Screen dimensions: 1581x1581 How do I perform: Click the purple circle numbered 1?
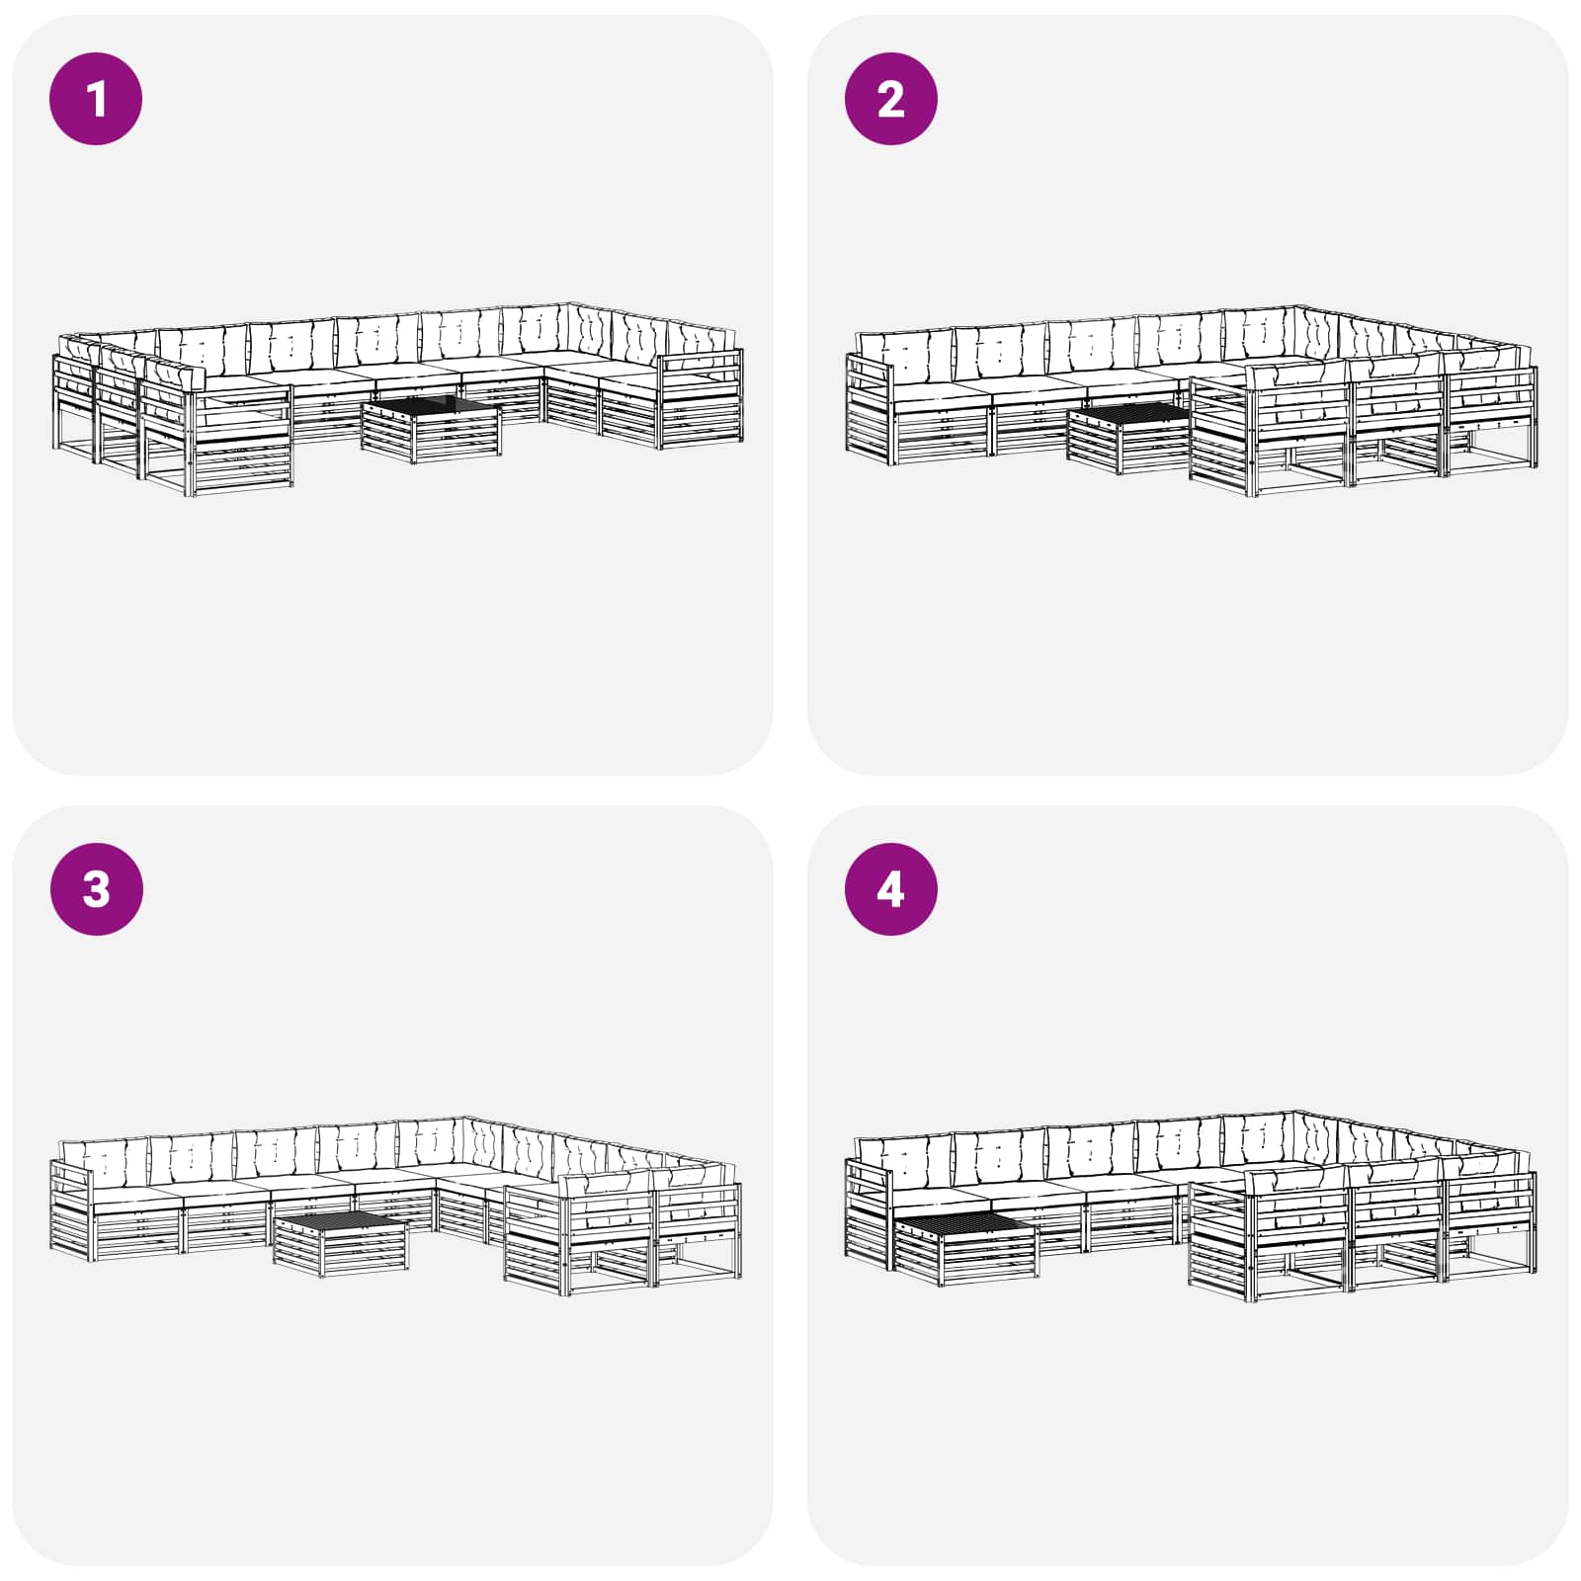[x=96, y=99]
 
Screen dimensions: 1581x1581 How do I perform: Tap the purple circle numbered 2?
[x=890, y=99]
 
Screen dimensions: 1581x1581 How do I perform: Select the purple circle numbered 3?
[x=96, y=888]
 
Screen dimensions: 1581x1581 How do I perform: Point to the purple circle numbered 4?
[x=890, y=888]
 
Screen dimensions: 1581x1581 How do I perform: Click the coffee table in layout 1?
[x=432, y=429]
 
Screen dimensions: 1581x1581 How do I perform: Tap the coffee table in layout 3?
[x=341, y=1244]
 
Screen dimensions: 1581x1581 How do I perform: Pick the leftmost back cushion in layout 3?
[x=105, y=1162]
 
